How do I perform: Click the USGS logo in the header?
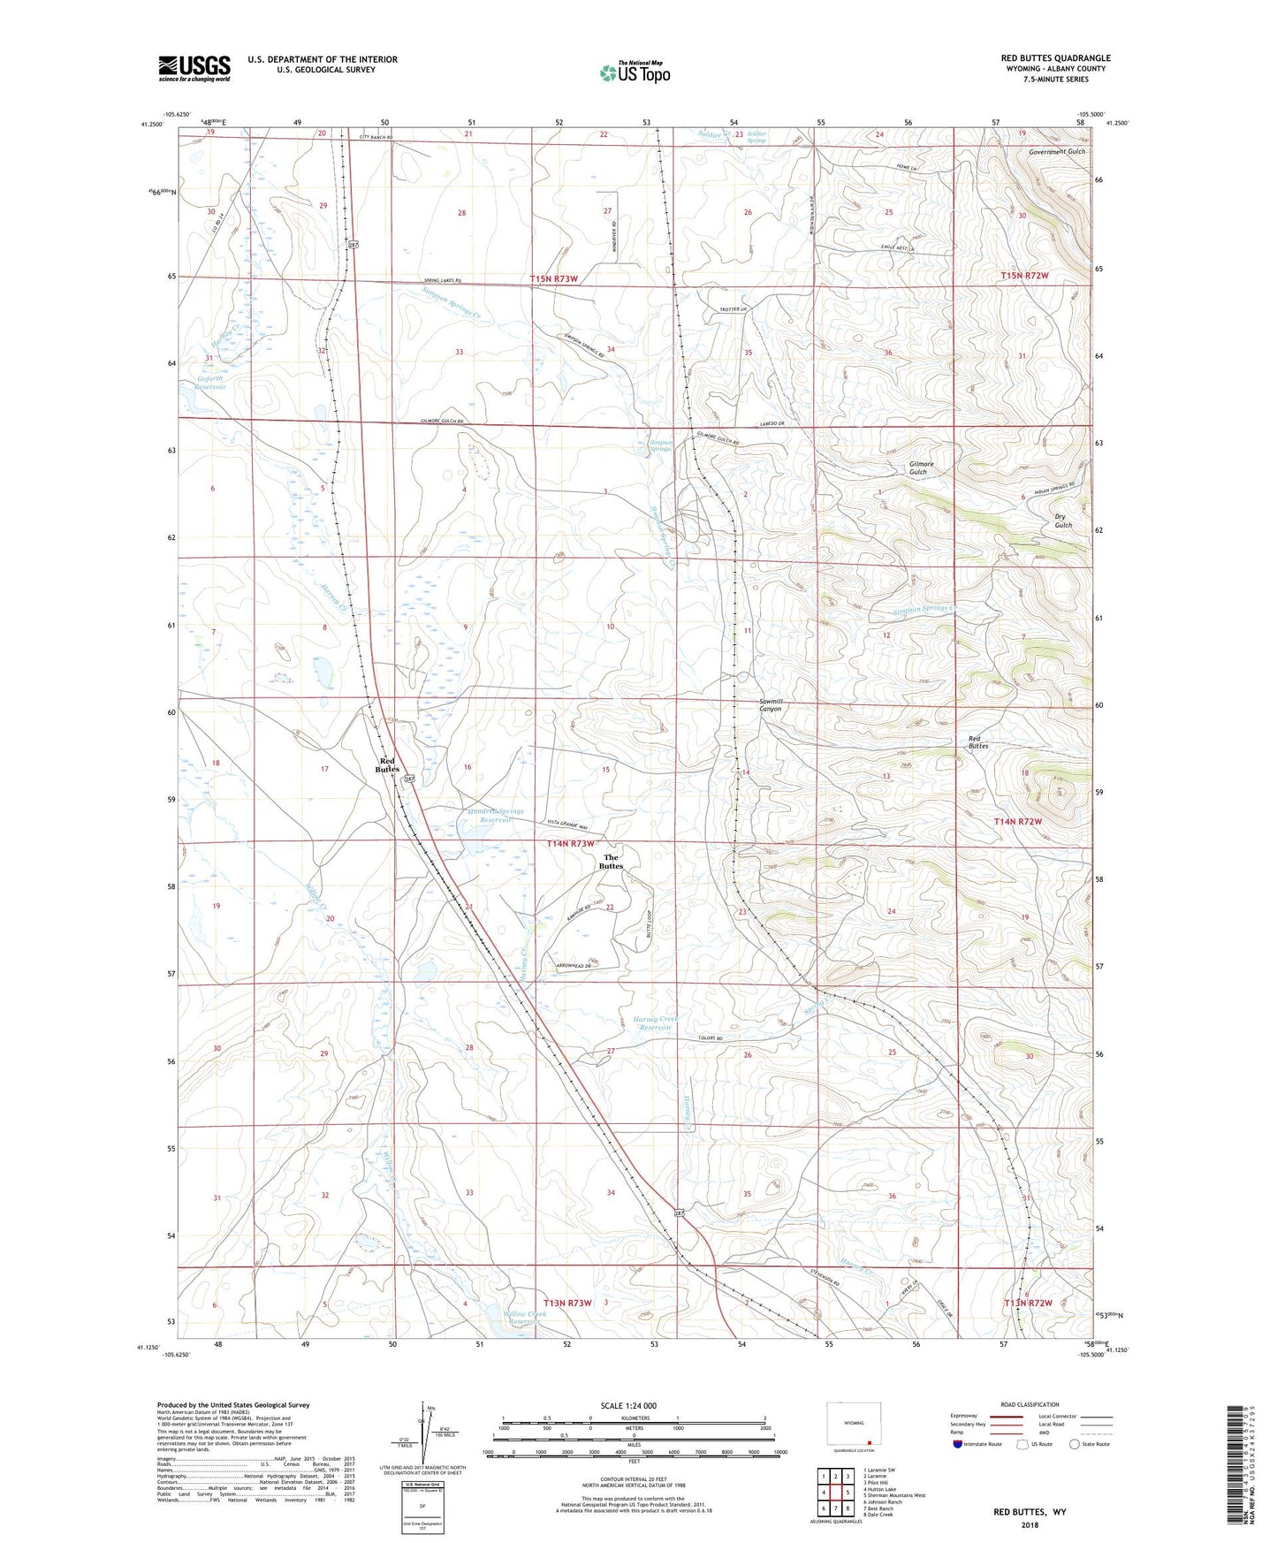(194, 68)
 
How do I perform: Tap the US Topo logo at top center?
(635, 72)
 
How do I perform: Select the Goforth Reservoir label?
(210, 382)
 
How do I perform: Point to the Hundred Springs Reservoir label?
(495, 815)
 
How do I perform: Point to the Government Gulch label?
(1057, 151)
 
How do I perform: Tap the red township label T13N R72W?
(1029, 1303)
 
